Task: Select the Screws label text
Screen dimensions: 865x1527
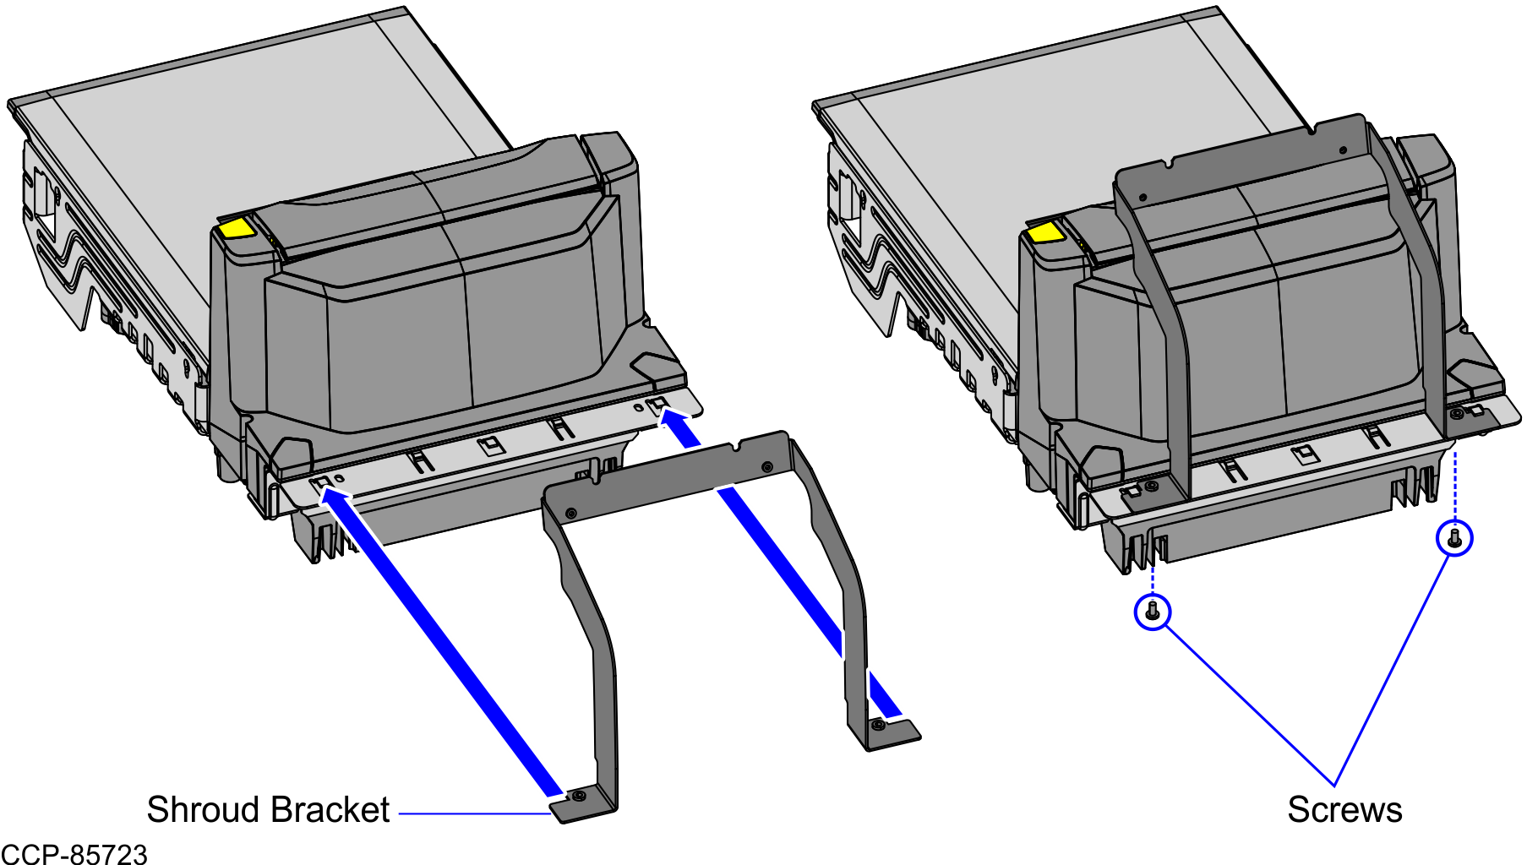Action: pyautogui.click(x=1344, y=809)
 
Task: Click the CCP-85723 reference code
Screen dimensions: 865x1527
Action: pyautogui.click(x=74, y=854)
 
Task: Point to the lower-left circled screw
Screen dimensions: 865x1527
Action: pyautogui.click(x=1153, y=611)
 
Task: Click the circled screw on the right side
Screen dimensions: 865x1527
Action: pyautogui.click(x=1454, y=537)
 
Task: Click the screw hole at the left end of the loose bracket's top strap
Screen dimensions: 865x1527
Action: pyautogui.click(x=571, y=513)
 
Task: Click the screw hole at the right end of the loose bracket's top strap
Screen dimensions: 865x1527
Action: pyautogui.click(x=766, y=467)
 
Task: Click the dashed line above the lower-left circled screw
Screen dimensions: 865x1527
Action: pyautogui.click(x=1153, y=574)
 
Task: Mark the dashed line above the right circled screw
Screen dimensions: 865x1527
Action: pyautogui.click(x=1454, y=486)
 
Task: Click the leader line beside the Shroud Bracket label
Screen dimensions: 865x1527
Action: pyautogui.click(x=473, y=814)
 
